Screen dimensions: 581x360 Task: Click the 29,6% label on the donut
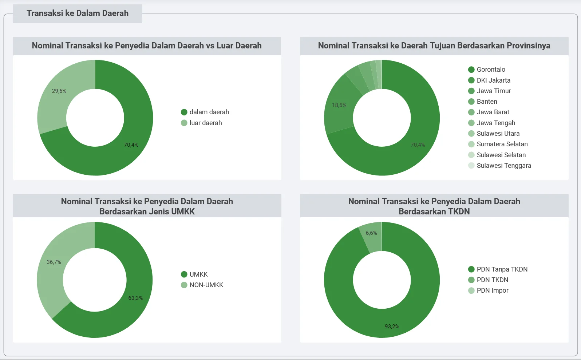(x=59, y=91)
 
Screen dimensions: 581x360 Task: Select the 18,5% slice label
(x=339, y=105)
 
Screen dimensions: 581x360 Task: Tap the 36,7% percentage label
(x=54, y=262)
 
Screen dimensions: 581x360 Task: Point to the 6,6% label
(x=371, y=233)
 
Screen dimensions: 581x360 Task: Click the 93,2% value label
(x=392, y=326)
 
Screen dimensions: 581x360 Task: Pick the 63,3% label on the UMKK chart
(x=136, y=298)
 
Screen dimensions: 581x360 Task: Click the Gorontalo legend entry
(x=487, y=70)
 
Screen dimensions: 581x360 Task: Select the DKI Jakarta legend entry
(x=489, y=80)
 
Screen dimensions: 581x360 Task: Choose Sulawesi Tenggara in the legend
(x=499, y=166)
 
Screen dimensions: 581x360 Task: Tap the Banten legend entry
(x=483, y=102)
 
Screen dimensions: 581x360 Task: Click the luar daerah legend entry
(x=201, y=123)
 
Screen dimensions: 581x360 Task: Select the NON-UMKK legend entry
(x=202, y=285)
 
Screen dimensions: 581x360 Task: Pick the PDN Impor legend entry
(x=488, y=290)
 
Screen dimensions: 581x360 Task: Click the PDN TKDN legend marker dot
(x=471, y=280)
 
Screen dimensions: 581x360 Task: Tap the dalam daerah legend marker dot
(x=184, y=112)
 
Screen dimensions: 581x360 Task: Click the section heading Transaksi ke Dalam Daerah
(x=78, y=13)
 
